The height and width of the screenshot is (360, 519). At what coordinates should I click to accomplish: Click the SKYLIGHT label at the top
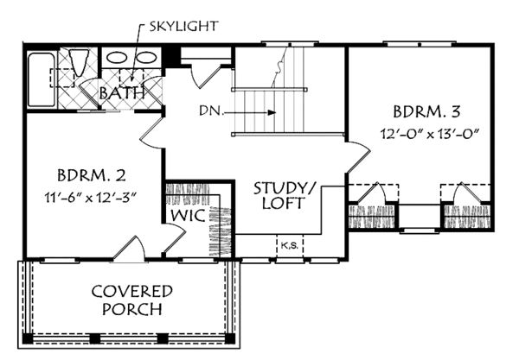pos(183,27)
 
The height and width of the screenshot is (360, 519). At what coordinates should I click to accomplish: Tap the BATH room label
pos(122,93)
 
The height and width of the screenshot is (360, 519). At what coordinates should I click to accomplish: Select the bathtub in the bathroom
pos(42,79)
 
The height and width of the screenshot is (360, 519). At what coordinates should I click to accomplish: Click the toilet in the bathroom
pos(80,62)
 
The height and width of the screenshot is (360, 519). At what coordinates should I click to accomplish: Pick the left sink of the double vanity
pos(117,58)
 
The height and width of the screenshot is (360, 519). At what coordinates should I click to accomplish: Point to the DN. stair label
pos(211,111)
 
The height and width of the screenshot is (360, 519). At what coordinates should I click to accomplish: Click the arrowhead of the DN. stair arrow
pos(272,112)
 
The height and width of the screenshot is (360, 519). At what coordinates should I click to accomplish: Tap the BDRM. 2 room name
pos(92,175)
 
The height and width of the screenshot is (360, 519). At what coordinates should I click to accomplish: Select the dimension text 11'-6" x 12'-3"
pos(91,198)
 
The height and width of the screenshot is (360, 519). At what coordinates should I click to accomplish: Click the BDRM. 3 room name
pos(426,112)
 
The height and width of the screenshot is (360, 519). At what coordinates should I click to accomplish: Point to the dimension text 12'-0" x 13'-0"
pos(430,134)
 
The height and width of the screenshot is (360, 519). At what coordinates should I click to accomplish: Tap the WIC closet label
pos(188,216)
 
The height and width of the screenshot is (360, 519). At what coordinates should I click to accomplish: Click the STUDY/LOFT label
pos(285,195)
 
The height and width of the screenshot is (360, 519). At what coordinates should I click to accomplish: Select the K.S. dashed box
pos(290,246)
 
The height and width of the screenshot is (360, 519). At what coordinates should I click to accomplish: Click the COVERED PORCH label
pos(132,300)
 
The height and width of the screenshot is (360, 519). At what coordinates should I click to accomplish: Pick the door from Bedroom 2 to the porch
pos(129,248)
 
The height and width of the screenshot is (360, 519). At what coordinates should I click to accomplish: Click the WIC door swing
pos(175,239)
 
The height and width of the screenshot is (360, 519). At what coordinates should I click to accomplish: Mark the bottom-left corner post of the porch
pos(28,338)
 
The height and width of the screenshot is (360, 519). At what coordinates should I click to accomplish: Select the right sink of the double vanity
pos(146,58)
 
